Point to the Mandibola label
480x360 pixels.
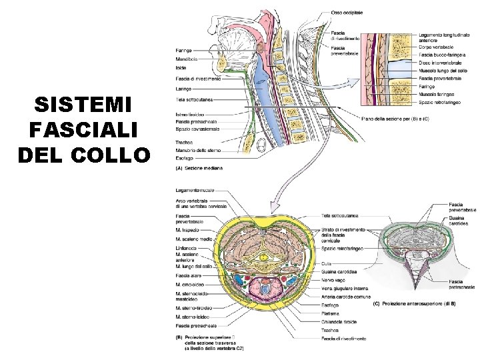coord(187,59)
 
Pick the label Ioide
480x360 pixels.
coord(182,68)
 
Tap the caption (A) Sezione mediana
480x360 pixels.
coord(199,168)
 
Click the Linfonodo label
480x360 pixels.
coord(188,248)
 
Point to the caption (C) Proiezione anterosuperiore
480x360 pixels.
coord(413,304)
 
